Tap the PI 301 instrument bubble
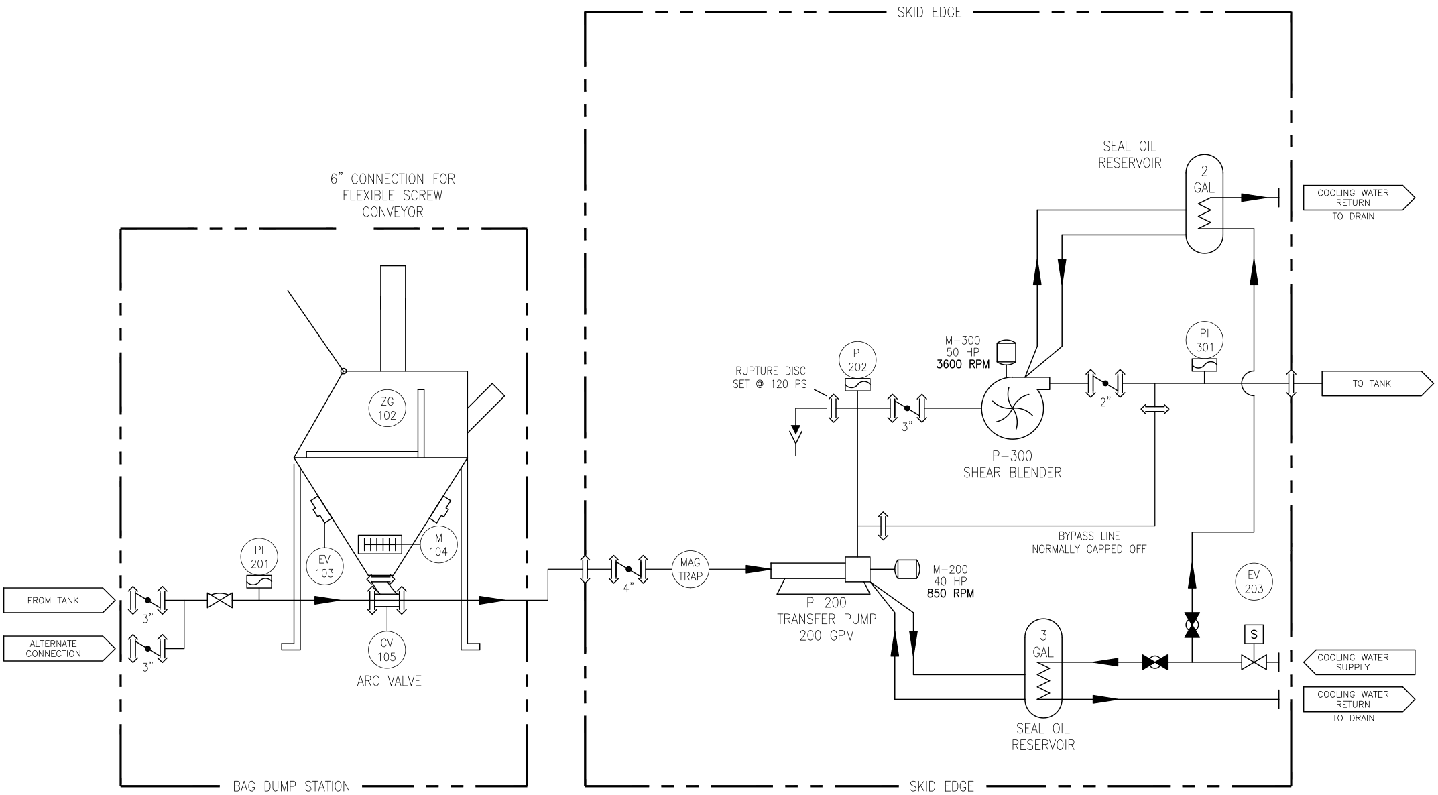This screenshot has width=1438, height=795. click(x=1205, y=340)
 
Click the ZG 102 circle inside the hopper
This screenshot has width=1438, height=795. click(x=387, y=408)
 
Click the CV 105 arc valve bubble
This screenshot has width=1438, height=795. click(x=387, y=649)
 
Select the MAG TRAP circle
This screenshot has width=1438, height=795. click(x=690, y=570)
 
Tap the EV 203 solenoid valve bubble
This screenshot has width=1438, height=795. click(x=1254, y=581)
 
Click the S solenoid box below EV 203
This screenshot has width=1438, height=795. click(x=1253, y=633)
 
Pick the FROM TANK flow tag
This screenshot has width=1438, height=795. click(x=59, y=601)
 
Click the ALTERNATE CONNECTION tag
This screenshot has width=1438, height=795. click(x=59, y=648)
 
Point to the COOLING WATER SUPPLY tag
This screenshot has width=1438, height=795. click(x=1358, y=662)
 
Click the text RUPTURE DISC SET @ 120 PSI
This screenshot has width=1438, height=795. click(x=770, y=377)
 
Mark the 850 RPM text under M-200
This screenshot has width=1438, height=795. click(x=951, y=593)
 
